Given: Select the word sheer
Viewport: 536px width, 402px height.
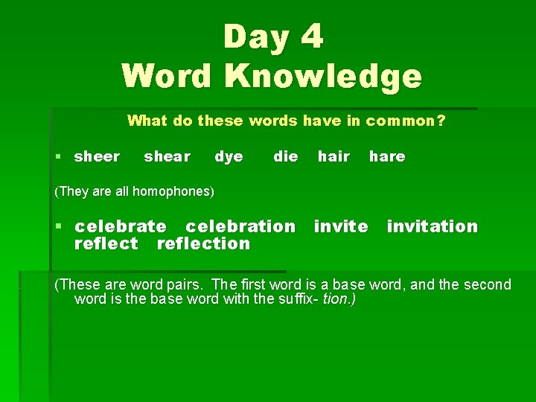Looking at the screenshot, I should pyautogui.click(x=98, y=156).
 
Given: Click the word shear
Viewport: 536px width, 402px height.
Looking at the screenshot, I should pyautogui.click(x=167, y=156).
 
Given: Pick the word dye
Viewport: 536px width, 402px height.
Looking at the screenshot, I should pyautogui.click(x=229, y=156).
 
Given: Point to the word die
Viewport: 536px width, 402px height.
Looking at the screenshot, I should pyautogui.click(x=286, y=156).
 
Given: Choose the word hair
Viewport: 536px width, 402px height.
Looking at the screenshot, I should pyautogui.click(x=334, y=156).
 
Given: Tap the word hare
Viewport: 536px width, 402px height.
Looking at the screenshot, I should pyautogui.click(x=387, y=156).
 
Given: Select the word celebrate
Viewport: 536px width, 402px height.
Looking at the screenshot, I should pyautogui.click(x=121, y=226).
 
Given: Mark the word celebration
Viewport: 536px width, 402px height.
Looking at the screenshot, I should pyautogui.click(x=240, y=226).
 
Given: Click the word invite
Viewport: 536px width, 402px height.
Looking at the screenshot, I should pyautogui.click(x=341, y=226).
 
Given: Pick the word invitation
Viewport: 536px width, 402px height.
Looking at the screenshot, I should pyautogui.click(x=433, y=226).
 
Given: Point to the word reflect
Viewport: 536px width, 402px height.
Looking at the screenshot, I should pyautogui.click(x=106, y=243).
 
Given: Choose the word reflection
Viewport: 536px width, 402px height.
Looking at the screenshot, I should pyautogui.click(x=203, y=243).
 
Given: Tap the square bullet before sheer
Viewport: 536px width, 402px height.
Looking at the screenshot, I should pyautogui.click(x=59, y=157).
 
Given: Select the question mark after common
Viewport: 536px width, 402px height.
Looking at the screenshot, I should pyautogui.click(x=441, y=121).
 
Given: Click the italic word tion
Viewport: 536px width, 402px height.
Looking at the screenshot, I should pyautogui.click(x=335, y=299).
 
